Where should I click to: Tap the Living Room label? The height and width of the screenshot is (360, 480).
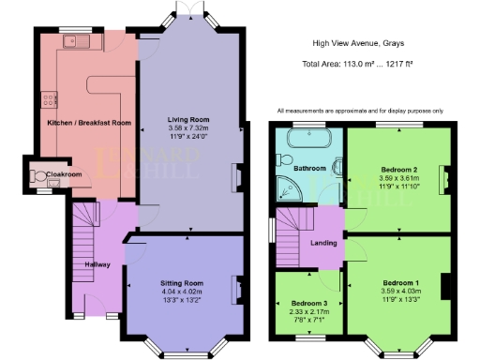189,120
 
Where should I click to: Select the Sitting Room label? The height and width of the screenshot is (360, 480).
181,282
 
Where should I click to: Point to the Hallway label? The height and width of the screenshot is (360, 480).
98,264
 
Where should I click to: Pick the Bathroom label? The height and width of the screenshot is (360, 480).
308,168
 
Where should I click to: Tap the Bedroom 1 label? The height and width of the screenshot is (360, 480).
400,282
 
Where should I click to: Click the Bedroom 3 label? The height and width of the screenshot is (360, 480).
308,304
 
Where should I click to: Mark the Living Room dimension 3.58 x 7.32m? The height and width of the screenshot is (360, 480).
189,128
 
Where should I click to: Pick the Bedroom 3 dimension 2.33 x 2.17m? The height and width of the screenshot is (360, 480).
308,312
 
